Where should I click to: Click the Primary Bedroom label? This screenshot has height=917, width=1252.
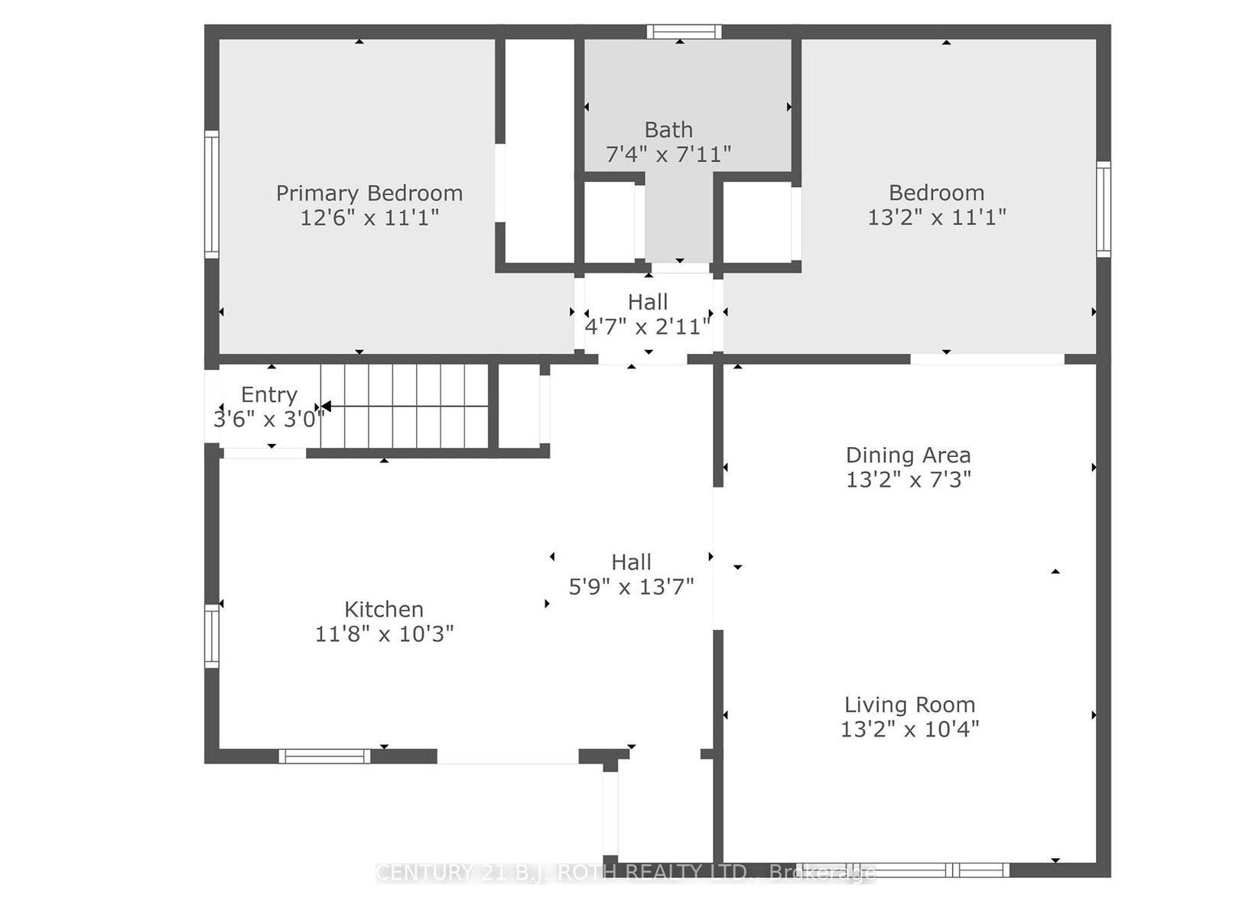point(369,194)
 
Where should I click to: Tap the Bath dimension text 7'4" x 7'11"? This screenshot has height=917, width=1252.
point(668,154)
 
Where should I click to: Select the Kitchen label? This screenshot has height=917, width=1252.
point(384,609)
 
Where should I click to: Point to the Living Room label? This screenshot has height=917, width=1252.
point(910,705)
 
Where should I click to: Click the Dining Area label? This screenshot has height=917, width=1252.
point(909,455)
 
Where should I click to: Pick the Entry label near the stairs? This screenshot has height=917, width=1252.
point(269,395)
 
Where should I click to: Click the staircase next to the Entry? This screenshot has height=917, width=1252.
point(404,406)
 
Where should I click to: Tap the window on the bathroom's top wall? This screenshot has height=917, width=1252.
point(685,32)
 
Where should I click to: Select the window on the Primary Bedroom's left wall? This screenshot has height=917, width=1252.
point(211,194)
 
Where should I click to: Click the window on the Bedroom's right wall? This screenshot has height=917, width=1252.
point(1104,209)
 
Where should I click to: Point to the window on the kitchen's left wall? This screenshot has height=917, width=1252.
point(211,636)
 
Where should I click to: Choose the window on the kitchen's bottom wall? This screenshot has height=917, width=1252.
point(325,757)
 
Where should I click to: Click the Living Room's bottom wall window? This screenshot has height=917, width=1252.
point(902,870)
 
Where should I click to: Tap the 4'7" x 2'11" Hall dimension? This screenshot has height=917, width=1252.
point(648,327)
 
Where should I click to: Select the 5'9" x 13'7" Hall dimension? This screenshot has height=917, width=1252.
point(632,587)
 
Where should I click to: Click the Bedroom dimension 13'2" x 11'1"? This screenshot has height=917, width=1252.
point(937,217)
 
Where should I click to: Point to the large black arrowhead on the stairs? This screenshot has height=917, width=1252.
point(326,407)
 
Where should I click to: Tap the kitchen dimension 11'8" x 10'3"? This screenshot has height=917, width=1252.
point(385,633)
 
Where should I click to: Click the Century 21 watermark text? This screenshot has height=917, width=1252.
point(626,873)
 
